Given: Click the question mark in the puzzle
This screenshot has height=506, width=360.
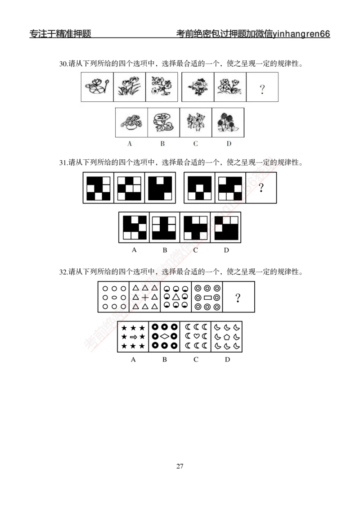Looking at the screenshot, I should tap(262, 90).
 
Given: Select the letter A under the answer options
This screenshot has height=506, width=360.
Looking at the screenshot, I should tap(130, 144).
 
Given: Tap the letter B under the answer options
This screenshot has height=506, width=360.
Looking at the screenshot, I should tap(163, 144).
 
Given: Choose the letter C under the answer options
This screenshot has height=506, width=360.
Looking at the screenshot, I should tap(196, 144).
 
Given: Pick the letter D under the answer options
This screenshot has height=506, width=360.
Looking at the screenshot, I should tap(229, 144).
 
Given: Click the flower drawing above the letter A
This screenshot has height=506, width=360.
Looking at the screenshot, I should tap(130, 122).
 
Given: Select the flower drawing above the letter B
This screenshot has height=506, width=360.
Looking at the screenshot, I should tap(163, 122).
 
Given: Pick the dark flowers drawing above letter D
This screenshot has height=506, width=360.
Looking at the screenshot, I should tap(228, 122).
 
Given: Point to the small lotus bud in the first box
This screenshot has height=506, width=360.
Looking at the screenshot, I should tap(107, 83).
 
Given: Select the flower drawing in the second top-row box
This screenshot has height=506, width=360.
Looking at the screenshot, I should tap(129, 87).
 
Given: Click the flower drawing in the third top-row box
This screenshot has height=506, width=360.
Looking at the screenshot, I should tap(162, 86).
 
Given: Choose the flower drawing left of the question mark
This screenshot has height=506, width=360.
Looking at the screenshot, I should tap(229, 87).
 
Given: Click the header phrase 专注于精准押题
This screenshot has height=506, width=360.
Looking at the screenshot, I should tap(60, 34).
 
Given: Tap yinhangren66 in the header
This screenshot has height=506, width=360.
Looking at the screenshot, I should tap(301, 35).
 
